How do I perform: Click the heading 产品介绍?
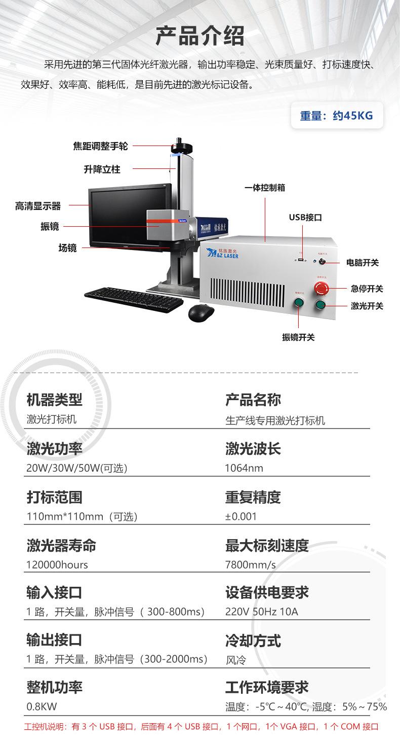pos(200,36)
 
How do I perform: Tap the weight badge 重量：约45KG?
pos(336,116)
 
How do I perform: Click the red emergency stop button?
pos(322,288)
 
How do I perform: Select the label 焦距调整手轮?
pos(101,146)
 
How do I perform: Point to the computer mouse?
pos(201,312)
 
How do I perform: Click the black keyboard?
pos(134,299)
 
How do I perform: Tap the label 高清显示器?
pos(38,206)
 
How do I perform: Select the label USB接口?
pos(305,218)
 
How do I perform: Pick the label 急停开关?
pos(367,289)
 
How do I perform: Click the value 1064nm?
pos(244,468)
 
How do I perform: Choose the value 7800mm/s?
pos(251,564)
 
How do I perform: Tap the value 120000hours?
pos(57,564)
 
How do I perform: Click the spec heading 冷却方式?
pos(253,641)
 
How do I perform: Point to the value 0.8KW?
pos(42,706)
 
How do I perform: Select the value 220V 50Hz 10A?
pos(262,612)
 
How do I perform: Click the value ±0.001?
pos(241,516)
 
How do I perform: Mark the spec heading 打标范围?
pos(54,497)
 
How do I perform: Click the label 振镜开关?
pos(298,337)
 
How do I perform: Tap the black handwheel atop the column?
pos(181,147)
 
